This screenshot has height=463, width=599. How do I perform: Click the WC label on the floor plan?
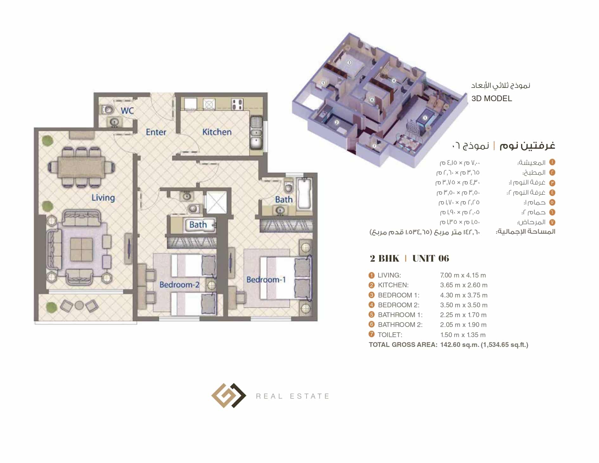(x=127, y=111)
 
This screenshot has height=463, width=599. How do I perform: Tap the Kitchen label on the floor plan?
(x=217, y=132)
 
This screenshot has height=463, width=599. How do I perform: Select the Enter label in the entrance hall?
(x=156, y=132)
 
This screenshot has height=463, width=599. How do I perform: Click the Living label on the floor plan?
(x=103, y=198)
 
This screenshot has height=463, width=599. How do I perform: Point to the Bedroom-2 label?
(x=179, y=284)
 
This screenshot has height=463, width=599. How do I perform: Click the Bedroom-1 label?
(x=266, y=279)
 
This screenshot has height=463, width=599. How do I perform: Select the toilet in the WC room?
(x=107, y=110)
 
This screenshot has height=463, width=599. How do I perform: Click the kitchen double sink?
(x=256, y=133)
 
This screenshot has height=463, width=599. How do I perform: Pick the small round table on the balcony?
(x=79, y=305)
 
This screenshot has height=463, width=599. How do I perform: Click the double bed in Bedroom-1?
(x=286, y=278)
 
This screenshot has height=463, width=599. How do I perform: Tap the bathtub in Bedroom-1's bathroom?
(x=304, y=194)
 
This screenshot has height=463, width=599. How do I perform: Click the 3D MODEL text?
(x=492, y=99)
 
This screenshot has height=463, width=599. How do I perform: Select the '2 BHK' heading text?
(x=384, y=258)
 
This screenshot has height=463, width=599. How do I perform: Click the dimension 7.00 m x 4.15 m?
(x=463, y=275)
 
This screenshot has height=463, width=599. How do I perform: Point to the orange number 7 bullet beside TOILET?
(x=372, y=334)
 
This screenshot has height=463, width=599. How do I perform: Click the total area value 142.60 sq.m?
(x=459, y=345)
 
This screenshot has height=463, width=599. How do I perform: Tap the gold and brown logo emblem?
(x=229, y=395)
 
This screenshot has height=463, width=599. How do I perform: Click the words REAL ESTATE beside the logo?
(x=293, y=396)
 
